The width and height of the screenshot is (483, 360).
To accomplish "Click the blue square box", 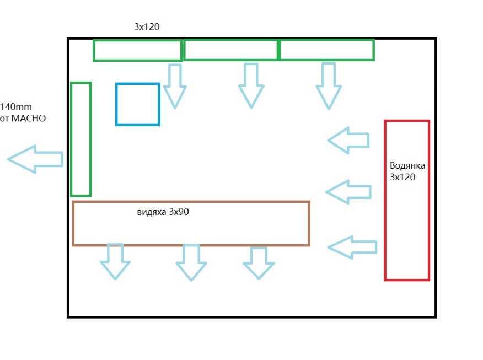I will (x=137, y=104).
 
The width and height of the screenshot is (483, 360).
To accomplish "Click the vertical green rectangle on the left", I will (x=80, y=139).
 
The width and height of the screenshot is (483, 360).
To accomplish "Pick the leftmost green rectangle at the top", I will (x=137, y=50).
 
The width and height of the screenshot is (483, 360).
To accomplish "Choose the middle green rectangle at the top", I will (x=230, y=50).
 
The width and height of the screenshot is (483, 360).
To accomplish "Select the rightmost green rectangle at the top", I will (x=327, y=50).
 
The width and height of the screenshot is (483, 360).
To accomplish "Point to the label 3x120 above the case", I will (x=147, y=26).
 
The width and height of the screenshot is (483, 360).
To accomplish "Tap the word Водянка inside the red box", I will (x=407, y=165).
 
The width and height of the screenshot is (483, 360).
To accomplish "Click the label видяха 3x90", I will (x=163, y=212).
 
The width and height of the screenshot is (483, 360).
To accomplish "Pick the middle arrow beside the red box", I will (x=348, y=191).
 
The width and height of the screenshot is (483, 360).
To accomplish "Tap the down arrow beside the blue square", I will (x=174, y=86).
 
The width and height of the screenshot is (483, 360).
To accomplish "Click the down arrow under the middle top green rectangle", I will (x=251, y=85).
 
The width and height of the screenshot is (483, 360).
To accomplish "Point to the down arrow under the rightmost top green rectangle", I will (x=329, y=86).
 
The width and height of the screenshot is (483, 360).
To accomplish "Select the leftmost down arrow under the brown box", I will (x=115, y=261).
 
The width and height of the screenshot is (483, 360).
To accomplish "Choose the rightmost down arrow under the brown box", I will (x=258, y=262).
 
